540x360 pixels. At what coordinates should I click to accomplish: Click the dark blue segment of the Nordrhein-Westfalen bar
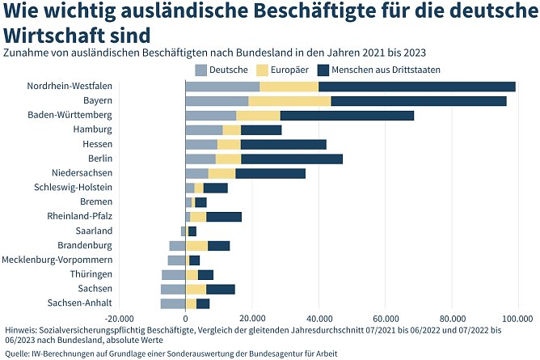click(x=416, y=87)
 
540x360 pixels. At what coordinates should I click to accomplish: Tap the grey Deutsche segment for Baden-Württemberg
click(x=210, y=116)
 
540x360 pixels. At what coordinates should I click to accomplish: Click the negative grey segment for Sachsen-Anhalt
click(x=172, y=303)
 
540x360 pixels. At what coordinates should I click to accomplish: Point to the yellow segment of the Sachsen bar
click(x=196, y=289)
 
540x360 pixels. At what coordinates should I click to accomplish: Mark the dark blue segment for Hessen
click(x=283, y=144)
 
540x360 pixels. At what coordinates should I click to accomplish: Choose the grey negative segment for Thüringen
click(x=173, y=275)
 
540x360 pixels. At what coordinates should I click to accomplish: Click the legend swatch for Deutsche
click(x=201, y=70)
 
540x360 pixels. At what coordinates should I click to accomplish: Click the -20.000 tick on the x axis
click(x=119, y=318)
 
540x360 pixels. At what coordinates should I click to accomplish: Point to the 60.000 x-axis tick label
click(x=385, y=318)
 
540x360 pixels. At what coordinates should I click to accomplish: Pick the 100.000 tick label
click(x=517, y=318)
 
